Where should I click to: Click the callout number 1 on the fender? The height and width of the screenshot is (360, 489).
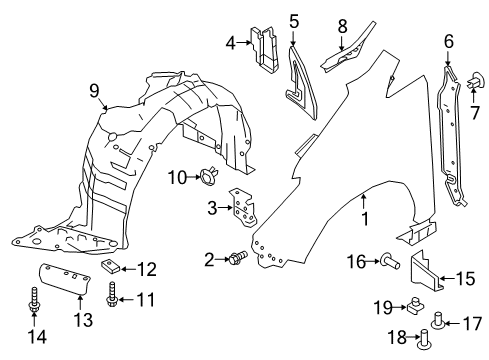pyautogui.click(x=364, y=216)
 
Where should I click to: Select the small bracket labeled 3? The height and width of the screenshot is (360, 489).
pyautogui.click(x=241, y=211)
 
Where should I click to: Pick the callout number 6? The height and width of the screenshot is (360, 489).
pyautogui.click(x=448, y=42)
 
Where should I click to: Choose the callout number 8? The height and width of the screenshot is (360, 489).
pyautogui.click(x=341, y=25)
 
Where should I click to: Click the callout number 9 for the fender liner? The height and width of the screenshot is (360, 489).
pyautogui.click(x=94, y=93)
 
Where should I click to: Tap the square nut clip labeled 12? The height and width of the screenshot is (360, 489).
pyautogui.click(x=115, y=267)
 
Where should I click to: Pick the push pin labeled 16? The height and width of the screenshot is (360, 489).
pyautogui.click(x=388, y=262)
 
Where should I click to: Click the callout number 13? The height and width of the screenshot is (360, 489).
pyautogui.click(x=81, y=319)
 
